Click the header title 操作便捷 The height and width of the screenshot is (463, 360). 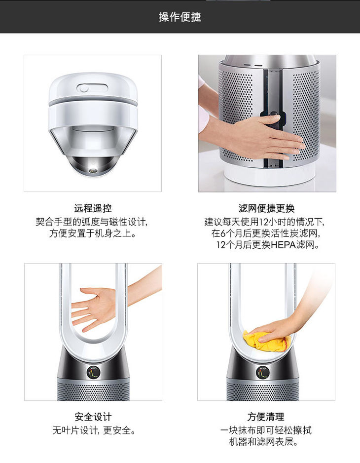tap(180, 17)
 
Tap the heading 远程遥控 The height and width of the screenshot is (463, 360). tap(93, 208)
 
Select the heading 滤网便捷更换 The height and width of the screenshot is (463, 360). tap(266, 208)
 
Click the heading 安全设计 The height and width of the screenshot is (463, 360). tap(93, 417)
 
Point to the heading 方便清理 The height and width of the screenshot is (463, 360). tap(266, 417)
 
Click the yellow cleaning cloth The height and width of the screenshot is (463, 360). tap(266, 341)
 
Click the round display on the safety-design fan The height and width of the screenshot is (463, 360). tap(93, 372)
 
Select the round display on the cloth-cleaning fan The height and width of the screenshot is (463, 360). tap(263, 372)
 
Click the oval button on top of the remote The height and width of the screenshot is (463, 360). tap(92, 88)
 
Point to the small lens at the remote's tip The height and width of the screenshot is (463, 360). tap(93, 170)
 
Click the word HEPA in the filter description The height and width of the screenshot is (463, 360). tap(283, 245)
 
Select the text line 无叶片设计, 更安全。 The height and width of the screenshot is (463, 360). tap(94, 430)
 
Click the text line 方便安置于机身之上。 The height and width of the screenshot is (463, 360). tap(93, 233)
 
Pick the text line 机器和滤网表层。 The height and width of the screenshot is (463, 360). tap(264, 442)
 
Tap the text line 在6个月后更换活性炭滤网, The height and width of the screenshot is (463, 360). tap(266, 233)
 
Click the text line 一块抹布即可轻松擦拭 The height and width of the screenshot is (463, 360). tap(266, 430)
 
